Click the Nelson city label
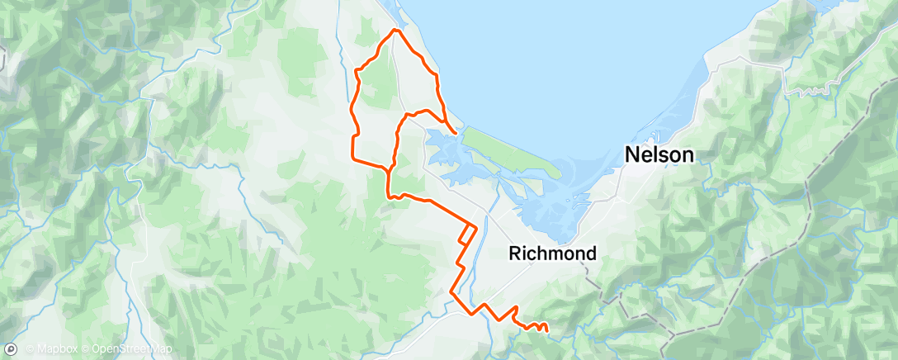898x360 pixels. tap(659, 154)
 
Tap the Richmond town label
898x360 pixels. tap(552, 253)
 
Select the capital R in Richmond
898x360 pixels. tap(517, 253)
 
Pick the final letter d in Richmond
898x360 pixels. tap(589, 253)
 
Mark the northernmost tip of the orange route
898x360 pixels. tap(395, 30)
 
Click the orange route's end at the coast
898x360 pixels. tap(456, 131)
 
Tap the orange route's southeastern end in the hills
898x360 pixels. tap(547, 331)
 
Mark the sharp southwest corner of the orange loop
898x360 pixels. tap(353, 159)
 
